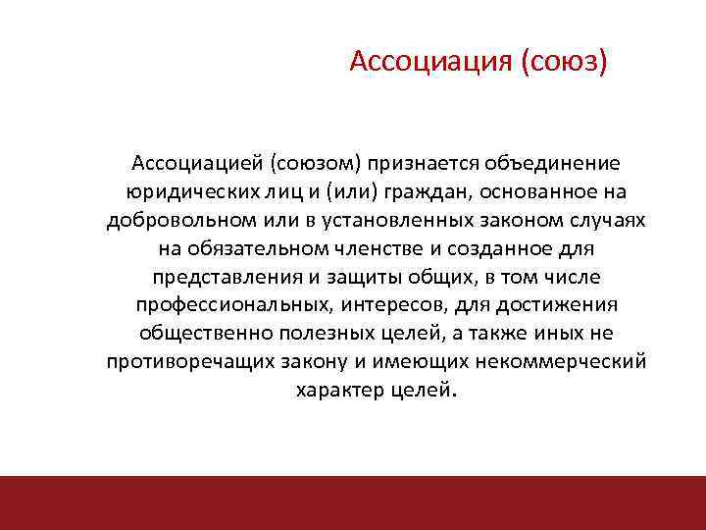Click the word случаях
click(605, 219)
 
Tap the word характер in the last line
click(337, 390)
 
